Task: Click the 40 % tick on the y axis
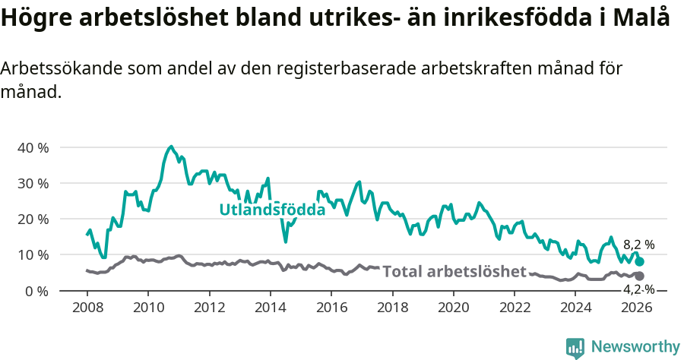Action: click(33, 147)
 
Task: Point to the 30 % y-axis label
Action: click(33, 183)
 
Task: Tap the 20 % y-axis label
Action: click(33, 219)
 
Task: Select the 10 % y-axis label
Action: click(33, 254)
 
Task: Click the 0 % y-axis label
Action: click(36, 291)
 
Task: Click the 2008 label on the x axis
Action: click(87, 308)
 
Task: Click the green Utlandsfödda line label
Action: click(272, 209)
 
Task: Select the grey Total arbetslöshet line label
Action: click(454, 271)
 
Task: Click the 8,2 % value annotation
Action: click(638, 245)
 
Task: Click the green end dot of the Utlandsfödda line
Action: click(639, 261)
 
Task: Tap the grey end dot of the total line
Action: click(639, 276)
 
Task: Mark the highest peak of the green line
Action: click(171, 147)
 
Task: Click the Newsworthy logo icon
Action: click(575, 347)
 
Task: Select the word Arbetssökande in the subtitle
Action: click(55, 68)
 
